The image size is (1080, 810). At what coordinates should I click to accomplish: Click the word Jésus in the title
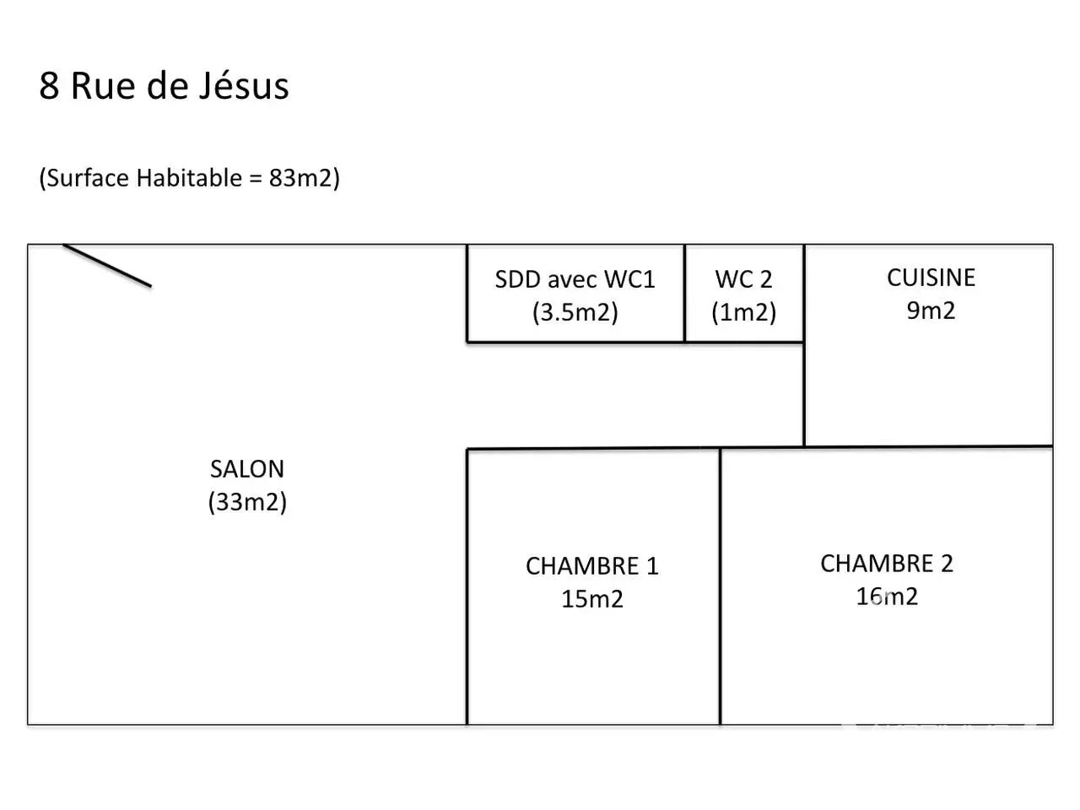244,85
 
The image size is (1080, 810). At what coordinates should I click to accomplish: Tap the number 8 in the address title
49,86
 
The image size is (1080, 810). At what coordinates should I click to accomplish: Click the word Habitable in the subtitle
189,177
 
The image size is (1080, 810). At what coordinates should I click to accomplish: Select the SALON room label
247,468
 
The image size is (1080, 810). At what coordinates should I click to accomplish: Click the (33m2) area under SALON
247,502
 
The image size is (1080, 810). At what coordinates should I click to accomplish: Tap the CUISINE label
931,278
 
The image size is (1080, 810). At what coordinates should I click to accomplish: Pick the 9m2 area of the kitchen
931,310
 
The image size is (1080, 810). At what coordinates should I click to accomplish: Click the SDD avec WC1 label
575,279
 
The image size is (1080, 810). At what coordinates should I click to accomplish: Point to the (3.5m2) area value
575,312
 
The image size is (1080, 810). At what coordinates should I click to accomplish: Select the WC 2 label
743,279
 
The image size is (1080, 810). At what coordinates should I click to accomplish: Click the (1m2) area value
743,312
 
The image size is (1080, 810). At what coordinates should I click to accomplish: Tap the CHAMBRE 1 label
592,565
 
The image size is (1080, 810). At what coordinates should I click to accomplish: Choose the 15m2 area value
592,599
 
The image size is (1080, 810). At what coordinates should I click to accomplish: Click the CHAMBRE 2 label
887,563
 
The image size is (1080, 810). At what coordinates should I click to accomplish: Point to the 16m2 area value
887,597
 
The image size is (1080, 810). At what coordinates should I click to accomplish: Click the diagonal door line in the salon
107,266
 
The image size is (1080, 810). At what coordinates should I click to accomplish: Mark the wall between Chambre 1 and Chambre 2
721,586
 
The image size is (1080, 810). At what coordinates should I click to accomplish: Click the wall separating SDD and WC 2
684,293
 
